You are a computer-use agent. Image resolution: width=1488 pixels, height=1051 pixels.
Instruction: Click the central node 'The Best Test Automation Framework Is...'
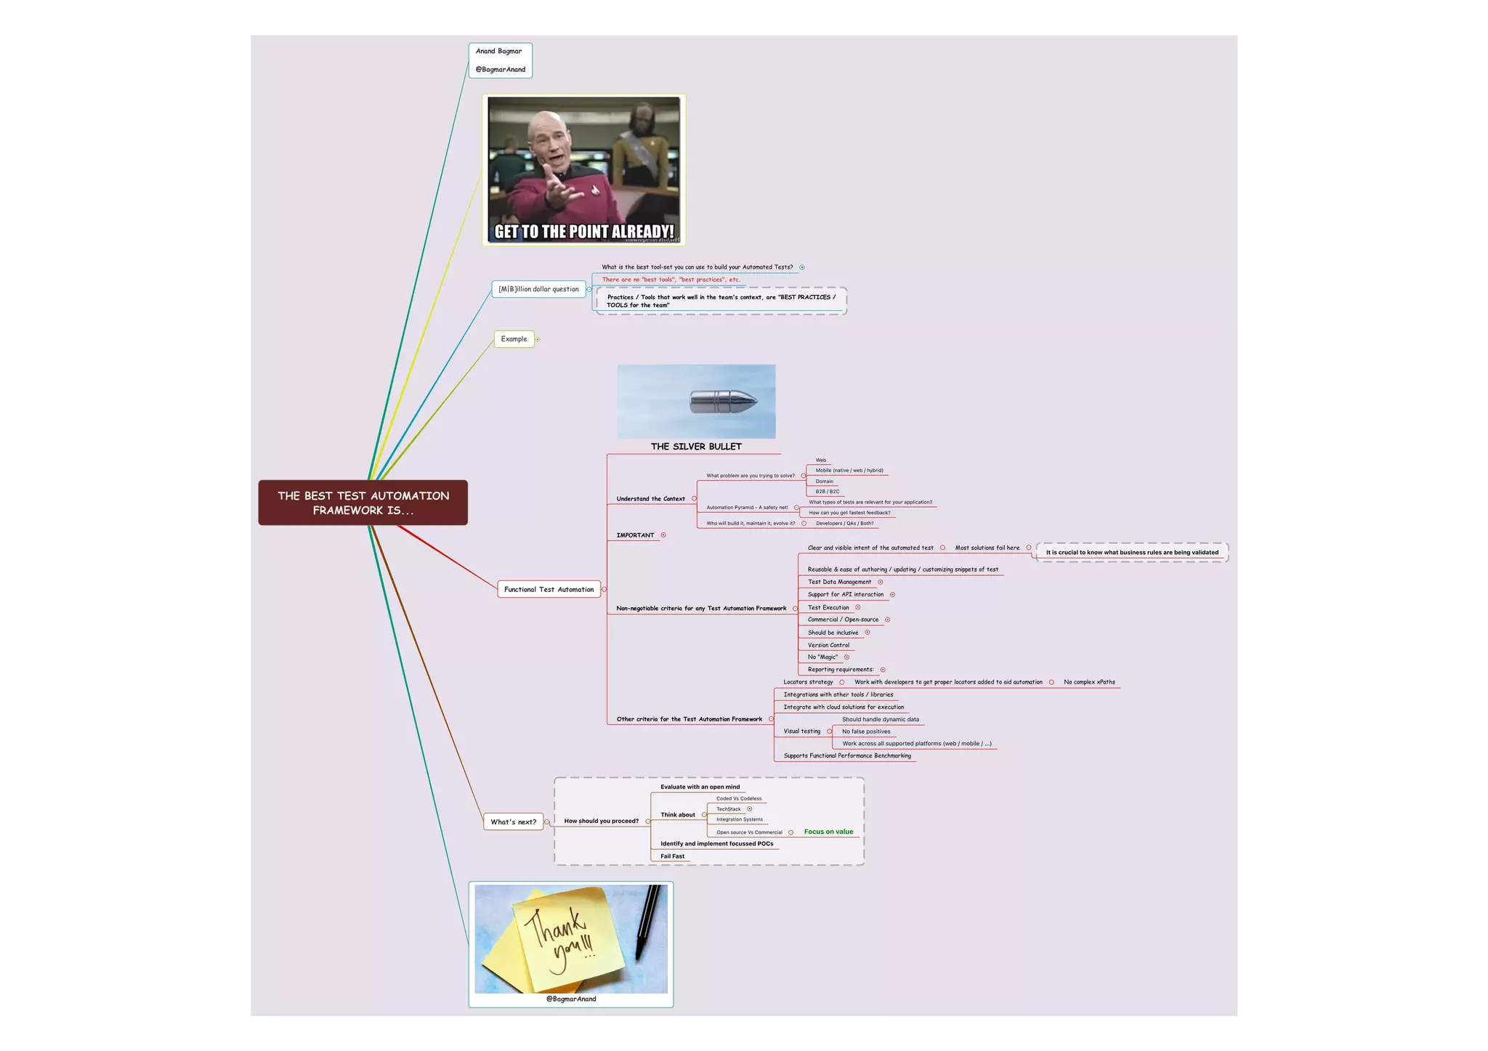pos(363,503)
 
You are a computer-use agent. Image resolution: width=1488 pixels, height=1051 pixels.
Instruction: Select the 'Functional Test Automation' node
pos(549,589)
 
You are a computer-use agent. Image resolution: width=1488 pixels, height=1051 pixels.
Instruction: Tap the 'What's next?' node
pos(513,821)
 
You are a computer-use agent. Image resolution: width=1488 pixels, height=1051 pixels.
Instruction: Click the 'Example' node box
pos(514,339)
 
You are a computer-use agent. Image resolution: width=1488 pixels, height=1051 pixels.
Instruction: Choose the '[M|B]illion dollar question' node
pos(538,289)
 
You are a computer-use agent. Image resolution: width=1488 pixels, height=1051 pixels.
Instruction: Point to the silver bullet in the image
pos(723,401)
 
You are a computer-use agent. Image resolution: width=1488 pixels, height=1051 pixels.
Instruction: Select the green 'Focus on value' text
pos(828,832)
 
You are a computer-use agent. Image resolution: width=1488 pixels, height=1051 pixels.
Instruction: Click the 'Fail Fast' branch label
pos(672,856)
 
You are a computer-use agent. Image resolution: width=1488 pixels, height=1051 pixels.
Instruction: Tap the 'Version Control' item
pos(828,645)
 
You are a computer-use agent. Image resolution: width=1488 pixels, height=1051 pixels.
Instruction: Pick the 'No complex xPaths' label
pos(1089,682)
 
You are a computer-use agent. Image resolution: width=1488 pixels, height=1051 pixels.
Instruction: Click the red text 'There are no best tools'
pos(671,280)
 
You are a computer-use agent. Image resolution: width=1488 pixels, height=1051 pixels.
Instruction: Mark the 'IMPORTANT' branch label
pos(635,535)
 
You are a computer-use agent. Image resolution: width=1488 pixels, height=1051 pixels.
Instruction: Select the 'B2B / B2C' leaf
pos(827,492)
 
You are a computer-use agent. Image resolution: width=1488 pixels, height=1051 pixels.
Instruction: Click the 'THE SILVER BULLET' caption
pos(696,447)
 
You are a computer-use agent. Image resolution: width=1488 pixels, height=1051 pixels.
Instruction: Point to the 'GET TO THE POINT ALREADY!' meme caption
pos(584,232)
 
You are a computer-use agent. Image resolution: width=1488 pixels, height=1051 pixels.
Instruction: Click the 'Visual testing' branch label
pos(801,731)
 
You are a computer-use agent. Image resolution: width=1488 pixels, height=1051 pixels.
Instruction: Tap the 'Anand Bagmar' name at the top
pos(498,52)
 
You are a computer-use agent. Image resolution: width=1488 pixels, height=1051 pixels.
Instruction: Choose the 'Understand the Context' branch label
pos(650,499)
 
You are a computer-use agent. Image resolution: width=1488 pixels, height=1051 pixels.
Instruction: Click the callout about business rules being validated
pos(1132,553)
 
